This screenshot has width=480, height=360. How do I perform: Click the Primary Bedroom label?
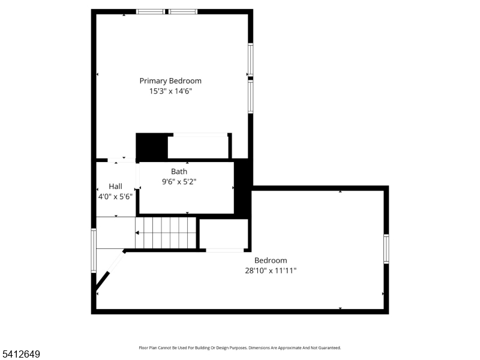(170, 80)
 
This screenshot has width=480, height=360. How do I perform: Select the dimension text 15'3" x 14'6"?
(170, 91)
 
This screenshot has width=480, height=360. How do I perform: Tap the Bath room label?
(179, 172)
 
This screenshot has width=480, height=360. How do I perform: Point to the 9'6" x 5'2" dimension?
(179, 181)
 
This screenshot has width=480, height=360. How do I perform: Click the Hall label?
(115, 186)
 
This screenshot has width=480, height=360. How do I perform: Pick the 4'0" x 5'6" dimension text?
(115, 196)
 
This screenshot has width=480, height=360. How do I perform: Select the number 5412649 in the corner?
(21, 355)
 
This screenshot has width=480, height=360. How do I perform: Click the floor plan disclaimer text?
(240, 348)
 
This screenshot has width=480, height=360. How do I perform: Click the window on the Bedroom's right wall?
(386, 248)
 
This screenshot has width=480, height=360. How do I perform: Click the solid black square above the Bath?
(151, 146)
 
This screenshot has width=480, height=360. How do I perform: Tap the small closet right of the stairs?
(224, 233)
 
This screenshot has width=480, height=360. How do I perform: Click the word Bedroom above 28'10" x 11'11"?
(271, 260)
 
